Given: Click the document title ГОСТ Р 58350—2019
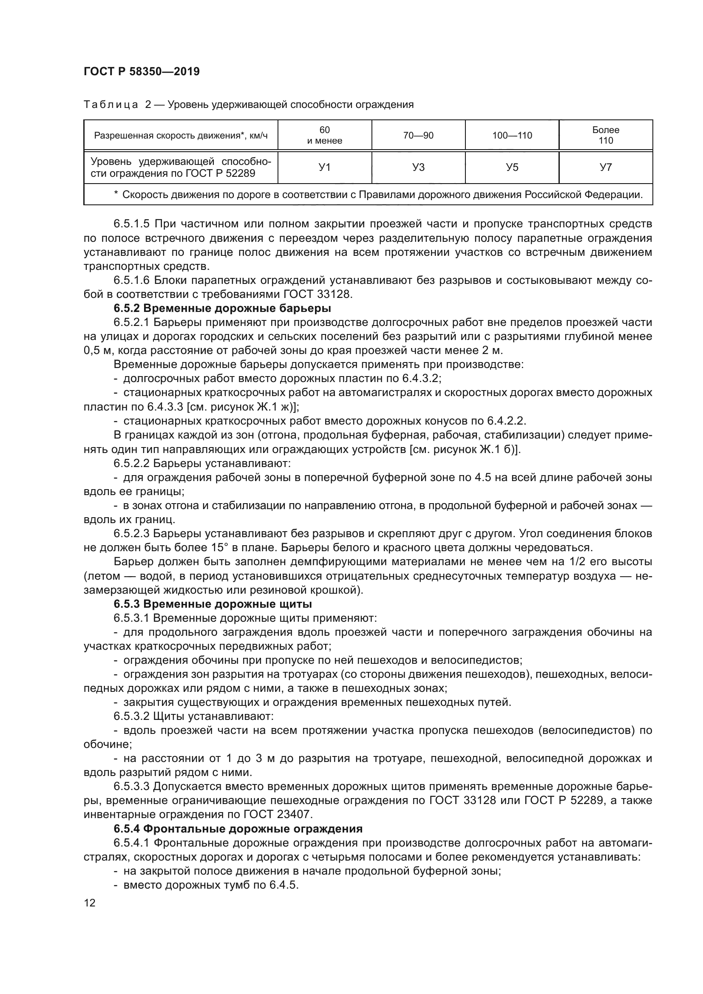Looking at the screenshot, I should coord(142,72).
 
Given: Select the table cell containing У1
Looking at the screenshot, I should coord(324,167).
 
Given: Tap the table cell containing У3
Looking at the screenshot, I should coord(418,167).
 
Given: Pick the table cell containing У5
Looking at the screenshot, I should coord(512,167).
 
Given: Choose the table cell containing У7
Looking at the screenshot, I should coord(606,167).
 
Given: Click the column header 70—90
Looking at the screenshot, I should coord(418,136).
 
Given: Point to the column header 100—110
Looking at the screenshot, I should coord(512,136).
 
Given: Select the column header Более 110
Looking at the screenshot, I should coord(606,135).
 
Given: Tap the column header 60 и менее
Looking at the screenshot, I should coord(324,135).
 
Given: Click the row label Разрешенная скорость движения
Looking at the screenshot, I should coord(181,136).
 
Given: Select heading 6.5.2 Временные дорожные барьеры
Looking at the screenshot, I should coord(222,308).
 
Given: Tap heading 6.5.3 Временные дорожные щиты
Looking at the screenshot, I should coord(213,604).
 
